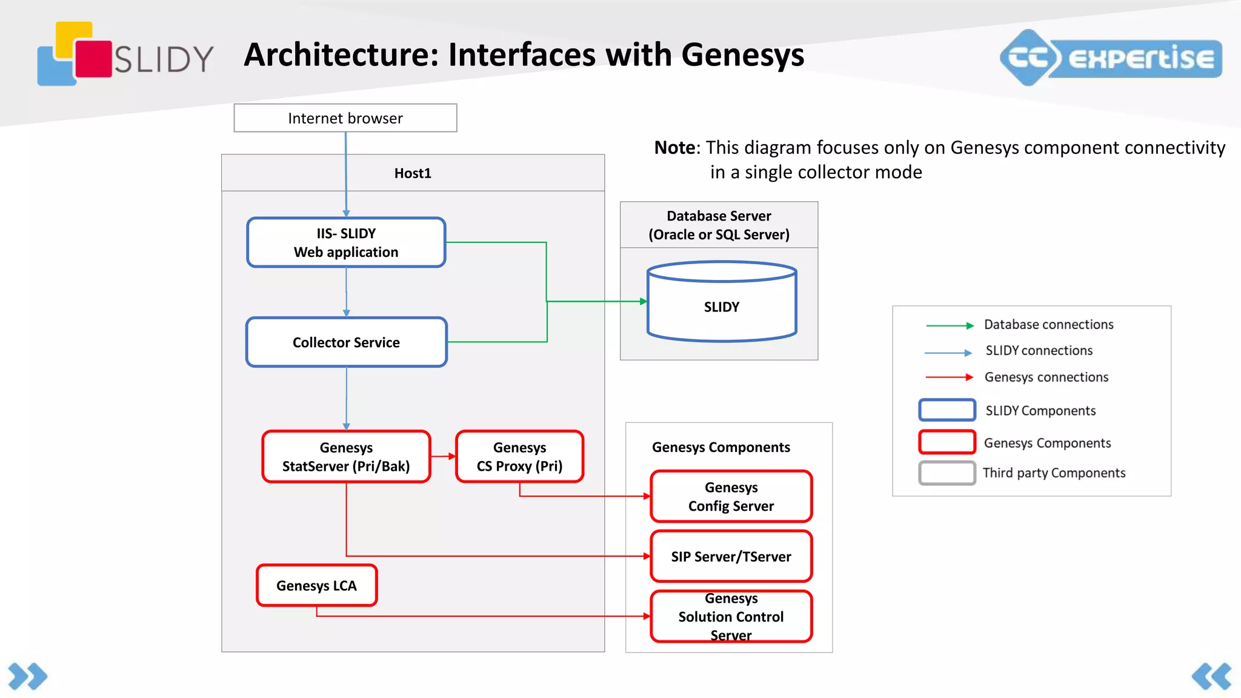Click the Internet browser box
click(345, 118)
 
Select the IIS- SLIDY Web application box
click(346, 242)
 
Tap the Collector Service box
click(346, 342)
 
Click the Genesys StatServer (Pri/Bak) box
click(346, 457)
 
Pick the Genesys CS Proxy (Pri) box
click(519, 457)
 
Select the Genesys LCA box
click(316, 585)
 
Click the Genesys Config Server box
click(731, 496)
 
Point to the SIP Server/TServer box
click(731, 556)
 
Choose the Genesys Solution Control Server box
click(731, 617)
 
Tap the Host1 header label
click(413, 173)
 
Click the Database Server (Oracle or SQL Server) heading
click(719, 225)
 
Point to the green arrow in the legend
click(949, 325)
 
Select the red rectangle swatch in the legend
click(947, 442)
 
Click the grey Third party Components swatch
click(947, 473)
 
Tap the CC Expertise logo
click(1110, 58)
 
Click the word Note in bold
click(674, 148)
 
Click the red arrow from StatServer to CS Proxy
click(443, 456)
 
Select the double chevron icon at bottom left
click(27, 676)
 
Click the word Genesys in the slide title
click(742, 55)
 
